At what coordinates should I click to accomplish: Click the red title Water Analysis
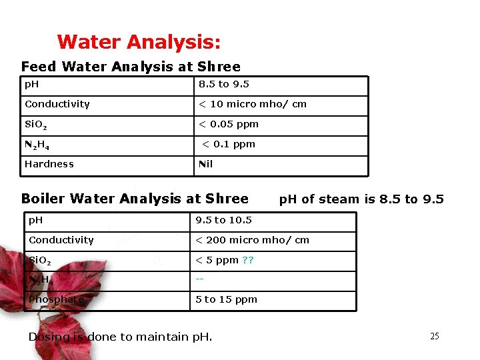coord(139,43)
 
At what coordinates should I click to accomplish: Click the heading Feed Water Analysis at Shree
coord(131,67)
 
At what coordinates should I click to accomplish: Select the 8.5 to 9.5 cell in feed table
coord(224,85)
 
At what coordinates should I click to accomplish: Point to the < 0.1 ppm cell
coord(229,144)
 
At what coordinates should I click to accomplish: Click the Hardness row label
coord(49,164)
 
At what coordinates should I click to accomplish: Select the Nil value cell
coord(206,164)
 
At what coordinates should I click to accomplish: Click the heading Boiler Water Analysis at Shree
coord(135,199)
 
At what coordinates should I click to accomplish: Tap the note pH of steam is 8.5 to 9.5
coord(361,199)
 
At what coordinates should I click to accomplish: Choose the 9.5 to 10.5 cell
coord(223,220)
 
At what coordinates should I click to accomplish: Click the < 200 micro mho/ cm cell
coord(252,240)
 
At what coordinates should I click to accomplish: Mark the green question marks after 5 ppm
coord(247,260)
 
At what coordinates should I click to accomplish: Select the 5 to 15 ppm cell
coord(226,299)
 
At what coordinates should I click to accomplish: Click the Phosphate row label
coord(56,299)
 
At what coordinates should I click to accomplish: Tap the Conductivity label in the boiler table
coord(61,240)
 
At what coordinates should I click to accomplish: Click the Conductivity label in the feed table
coord(57,104)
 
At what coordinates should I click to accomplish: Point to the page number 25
coord(434,337)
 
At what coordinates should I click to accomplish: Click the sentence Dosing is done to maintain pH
coord(120,337)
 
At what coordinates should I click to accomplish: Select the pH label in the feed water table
coord(32,85)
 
